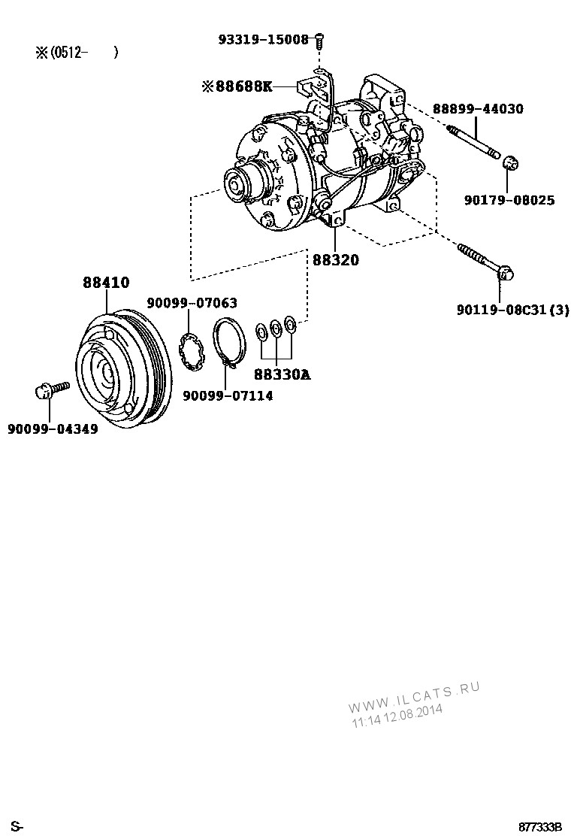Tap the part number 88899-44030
[477, 109]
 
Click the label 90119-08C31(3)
[512, 309]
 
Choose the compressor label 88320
[335, 260]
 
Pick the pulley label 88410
[106, 283]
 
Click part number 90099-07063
[192, 303]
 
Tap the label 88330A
[282, 373]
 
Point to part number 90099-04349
[53, 429]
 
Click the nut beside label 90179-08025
[510, 163]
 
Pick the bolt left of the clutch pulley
[51, 389]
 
